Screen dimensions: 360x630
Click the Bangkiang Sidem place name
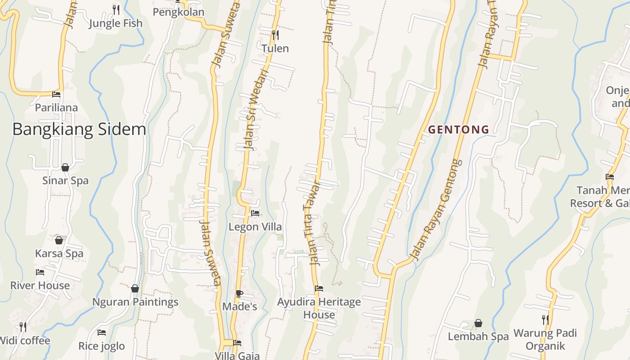79,130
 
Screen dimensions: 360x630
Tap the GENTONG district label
459,130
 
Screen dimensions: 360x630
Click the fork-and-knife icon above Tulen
275,34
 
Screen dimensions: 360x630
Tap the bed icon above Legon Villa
255,213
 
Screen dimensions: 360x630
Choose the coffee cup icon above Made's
239,294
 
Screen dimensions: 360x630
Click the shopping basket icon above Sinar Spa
65,167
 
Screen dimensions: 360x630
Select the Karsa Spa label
59,253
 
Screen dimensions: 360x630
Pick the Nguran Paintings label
135,302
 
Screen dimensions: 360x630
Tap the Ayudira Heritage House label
319,308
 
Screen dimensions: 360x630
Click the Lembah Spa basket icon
478,323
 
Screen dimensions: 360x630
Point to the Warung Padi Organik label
545,339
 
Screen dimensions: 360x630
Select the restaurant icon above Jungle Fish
116,9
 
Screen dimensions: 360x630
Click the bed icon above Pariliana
56,94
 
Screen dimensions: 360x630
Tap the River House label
40,285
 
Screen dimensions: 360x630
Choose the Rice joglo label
102,346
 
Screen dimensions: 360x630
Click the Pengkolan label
179,12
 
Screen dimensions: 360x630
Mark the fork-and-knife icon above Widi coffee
23,327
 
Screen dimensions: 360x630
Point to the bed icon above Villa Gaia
237,343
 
